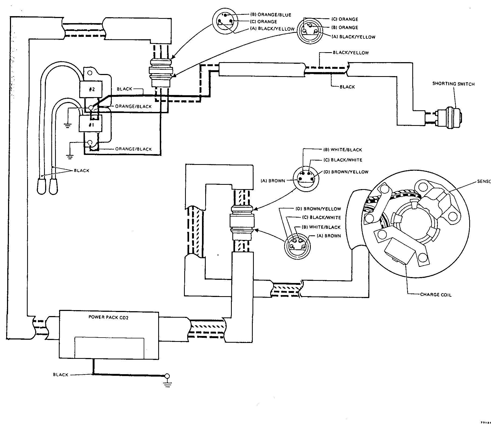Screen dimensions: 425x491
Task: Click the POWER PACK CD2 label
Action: pos(108,317)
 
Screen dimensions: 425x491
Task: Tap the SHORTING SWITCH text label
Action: pos(453,84)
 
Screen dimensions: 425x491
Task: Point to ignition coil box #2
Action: pos(92,89)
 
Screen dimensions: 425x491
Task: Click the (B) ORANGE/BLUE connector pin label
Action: pos(270,15)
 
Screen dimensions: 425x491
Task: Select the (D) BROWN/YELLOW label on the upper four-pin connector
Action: pos(350,172)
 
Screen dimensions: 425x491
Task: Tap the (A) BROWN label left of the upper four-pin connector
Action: pos(273,181)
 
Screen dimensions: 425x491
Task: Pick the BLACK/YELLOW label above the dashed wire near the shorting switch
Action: pos(351,53)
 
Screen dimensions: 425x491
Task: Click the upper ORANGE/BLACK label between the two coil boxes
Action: pos(133,107)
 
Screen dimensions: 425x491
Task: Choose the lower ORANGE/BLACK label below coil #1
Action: pos(133,149)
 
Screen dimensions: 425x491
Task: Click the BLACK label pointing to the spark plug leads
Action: pos(81,171)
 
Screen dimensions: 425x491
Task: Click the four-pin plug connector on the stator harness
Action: pos(242,222)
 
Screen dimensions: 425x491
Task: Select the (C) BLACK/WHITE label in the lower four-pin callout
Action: pos(325,218)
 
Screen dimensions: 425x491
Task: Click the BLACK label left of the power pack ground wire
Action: pos(61,375)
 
